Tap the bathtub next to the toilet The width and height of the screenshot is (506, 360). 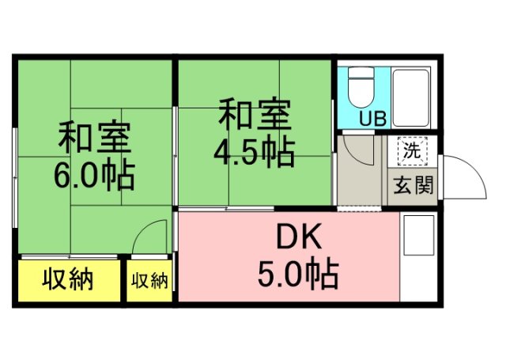tap(412, 97)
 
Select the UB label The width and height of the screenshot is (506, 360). tap(372, 119)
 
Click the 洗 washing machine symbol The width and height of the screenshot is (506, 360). tap(412, 148)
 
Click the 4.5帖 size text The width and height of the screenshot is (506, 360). tap(254, 150)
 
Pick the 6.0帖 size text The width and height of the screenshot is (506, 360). tap(94, 175)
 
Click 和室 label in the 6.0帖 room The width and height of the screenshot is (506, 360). tap(94, 138)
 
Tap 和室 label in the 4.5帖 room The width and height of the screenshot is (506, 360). tap(254, 114)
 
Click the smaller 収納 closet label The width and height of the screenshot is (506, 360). tap(150, 280)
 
